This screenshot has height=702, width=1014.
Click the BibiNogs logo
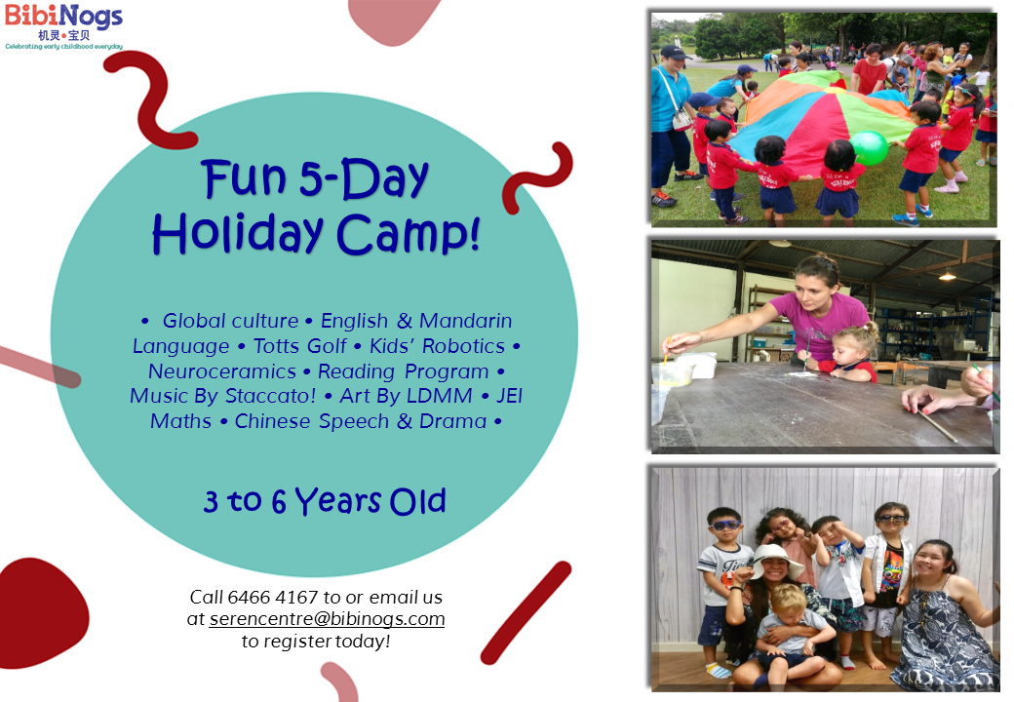tap(63, 26)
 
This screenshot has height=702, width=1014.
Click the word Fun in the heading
tap(244, 177)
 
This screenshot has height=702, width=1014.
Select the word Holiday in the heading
tap(237, 233)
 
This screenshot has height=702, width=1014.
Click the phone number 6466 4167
tap(273, 597)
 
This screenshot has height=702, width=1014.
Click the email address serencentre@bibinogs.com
tap(328, 618)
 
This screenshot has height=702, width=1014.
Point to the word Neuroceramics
tap(222, 371)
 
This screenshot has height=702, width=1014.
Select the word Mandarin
tap(466, 321)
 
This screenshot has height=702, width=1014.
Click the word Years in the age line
tap(338, 501)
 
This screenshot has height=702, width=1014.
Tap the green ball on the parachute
tap(870, 148)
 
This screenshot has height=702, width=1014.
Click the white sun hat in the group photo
tap(774, 559)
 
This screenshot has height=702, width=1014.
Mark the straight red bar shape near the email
tap(526, 612)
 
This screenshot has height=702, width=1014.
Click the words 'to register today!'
tap(316, 642)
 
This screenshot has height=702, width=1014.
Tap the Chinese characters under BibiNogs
tap(64, 35)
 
